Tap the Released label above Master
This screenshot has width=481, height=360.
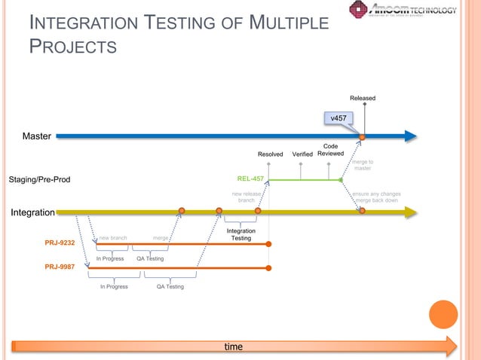coord(363,98)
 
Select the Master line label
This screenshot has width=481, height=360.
coord(36,136)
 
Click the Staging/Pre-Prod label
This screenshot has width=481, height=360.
coord(39,180)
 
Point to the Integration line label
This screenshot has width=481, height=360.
coord(32,212)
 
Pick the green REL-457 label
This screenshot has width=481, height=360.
coord(250,179)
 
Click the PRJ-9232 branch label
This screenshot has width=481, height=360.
coord(60,243)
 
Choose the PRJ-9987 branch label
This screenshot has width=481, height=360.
coord(60,267)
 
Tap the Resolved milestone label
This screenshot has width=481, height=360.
coord(271,154)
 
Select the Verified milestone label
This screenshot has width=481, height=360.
coord(302,154)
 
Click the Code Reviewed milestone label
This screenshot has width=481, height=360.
coord(330,150)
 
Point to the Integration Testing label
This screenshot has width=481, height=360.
coord(240,235)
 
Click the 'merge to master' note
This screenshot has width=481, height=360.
coord(363,165)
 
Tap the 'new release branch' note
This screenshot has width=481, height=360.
coord(246,197)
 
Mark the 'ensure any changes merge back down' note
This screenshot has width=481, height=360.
coord(376,197)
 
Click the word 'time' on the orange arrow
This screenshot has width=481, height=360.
coord(234,346)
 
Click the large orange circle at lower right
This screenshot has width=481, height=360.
coord(443,314)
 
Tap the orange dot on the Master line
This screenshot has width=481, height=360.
coord(363,136)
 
